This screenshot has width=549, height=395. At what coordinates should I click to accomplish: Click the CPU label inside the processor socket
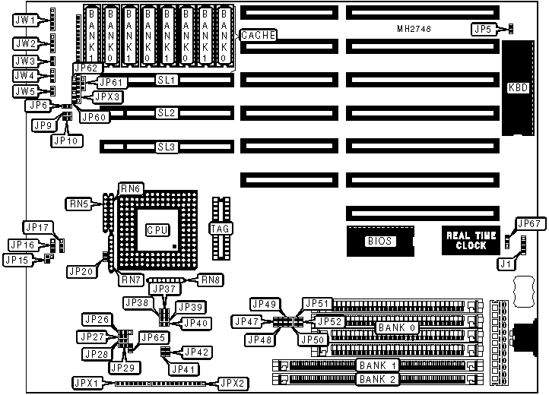pyautogui.click(x=157, y=229)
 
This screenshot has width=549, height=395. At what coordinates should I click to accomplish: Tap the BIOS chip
pyautogui.click(x=379, y=242)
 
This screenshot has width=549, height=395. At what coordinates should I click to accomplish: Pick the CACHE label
pyautogui.click(x=258, y=35)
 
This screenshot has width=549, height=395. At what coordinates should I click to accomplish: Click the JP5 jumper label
pyautogui.click(x=481, y=29)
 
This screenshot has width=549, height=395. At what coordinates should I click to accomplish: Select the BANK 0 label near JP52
pyautogui.click(x=395, y=327)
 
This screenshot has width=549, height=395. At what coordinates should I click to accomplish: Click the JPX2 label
pyautogui.click(x=231, y=382)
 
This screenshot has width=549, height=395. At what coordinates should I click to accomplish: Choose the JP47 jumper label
pyautogui.click(x=248, y=321)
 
